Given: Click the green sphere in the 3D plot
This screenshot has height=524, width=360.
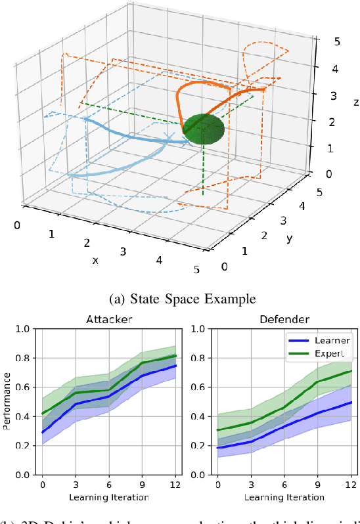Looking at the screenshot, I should (x=203, y=129).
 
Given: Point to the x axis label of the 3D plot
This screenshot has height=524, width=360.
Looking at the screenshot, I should (x=95, y=260).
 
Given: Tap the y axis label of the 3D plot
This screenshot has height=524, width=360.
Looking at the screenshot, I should (x=289, y=238).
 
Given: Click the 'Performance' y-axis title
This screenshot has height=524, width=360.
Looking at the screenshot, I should (x=7, y=401).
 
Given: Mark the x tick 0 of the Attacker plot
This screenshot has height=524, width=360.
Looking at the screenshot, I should (x=42, y=484).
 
